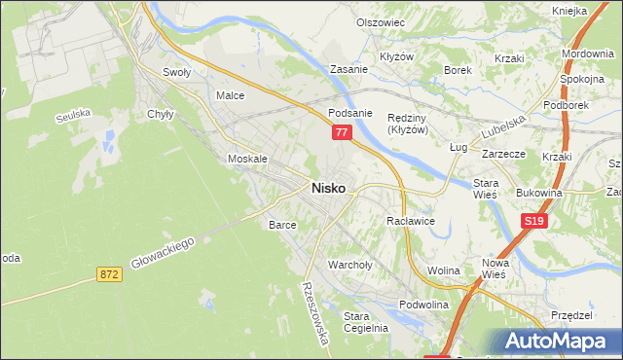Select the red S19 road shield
click(531, 222)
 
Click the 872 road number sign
click(110, 275)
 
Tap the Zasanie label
click(348, 70)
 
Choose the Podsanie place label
click(350, 112)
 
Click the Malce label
click(230, 95)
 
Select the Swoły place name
click(176, 72)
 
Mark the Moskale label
click(246, 158)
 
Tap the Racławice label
click(410, 221)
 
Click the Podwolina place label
click(423, 304)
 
